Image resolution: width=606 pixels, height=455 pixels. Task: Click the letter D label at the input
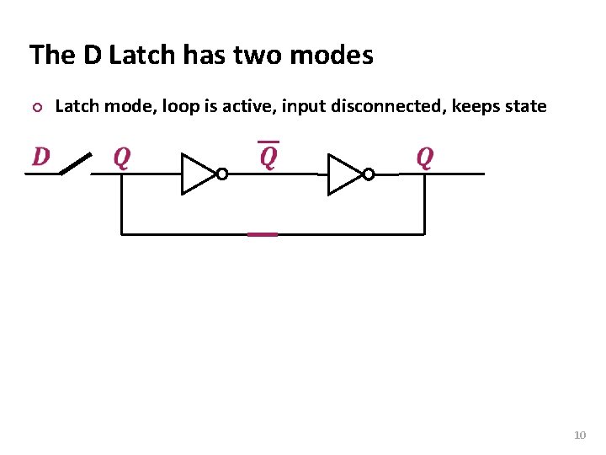pyautogui.click(x=40, y=157)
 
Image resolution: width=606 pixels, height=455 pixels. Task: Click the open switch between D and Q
pyautogui.click(x=75, y=165)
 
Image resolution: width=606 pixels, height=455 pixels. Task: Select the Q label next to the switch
pyautogui.click(x=122, y=158)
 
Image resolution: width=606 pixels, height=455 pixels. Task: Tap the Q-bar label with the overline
pyautogui.click(x=268, y=156)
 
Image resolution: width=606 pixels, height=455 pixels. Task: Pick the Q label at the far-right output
pyautogui.click(x=425, y=158)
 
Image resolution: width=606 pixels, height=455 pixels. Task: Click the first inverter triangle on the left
pyautogui.click(x=197, y=174)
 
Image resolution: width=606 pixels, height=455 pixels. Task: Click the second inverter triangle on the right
pyautogui.click(x=343, y=174)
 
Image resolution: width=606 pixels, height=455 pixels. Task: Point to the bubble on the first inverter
pyautogui.click(x=221, y=174)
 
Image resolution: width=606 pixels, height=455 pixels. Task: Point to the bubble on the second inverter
pyautogui.click(x=368, y=174)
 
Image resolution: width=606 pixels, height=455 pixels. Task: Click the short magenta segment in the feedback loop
pyautogui.click(x=263, y=234)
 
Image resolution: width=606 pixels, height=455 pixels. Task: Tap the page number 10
pyautogui.click(x=579, y=435)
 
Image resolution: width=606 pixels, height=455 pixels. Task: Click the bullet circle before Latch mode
pyautogui.click(x=35, y=108)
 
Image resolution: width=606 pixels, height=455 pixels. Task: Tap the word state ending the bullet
pyautogui.click(x=527, y=107)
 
